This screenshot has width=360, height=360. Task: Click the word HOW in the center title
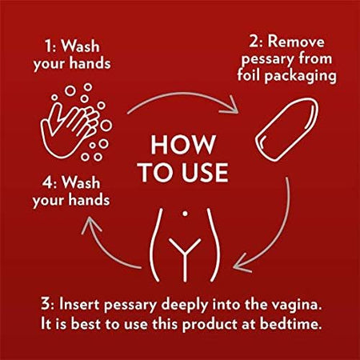[x=183, y=145]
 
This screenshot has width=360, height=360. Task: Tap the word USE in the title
[x=205, y=173]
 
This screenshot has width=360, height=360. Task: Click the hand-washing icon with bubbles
[x=76, y=122]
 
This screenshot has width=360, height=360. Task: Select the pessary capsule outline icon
[x=287, y=130]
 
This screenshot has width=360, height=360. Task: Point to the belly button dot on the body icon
[x=185, y=214]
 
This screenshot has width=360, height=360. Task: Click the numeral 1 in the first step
[x=48, y=46]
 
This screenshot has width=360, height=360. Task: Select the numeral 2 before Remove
[x=254, y=42]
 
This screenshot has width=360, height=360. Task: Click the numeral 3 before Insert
[x=46, y=304]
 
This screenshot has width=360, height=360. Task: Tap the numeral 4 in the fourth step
[x=47, y=183]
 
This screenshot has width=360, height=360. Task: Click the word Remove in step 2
[x=296, y=42]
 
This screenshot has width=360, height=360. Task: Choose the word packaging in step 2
[x=301, y=76]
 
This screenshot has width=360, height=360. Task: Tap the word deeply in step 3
[x=185, y=305]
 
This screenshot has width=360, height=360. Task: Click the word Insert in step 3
[x=79, y=304]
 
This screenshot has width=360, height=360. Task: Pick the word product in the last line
[x=210, y=325]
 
